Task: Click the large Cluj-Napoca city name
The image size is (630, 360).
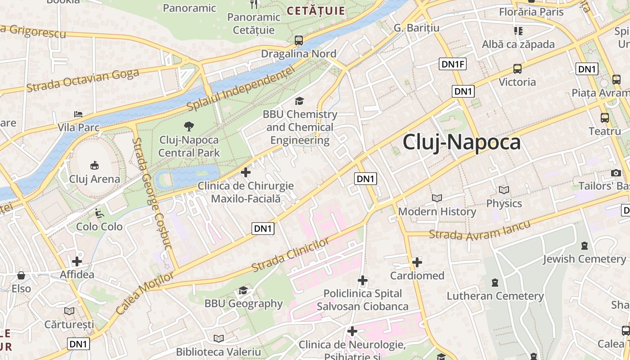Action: pos(461,142)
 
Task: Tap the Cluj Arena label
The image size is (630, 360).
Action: pos(94,179)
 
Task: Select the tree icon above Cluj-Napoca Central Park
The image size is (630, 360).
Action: pos(189,126)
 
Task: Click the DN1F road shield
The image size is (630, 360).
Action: pos(453,64)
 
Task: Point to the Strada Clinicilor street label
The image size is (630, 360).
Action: pos(290,255)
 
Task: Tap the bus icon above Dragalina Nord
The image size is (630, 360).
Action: pos(299,40)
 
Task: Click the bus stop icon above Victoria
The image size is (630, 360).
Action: pos(517,69)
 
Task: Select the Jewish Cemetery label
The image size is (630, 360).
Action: pos(584,259)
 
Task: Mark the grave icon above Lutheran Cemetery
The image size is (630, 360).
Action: pos(495,283)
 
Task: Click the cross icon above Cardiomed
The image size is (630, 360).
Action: pos(417,262)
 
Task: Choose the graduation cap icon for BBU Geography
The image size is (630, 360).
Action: pos(243,290)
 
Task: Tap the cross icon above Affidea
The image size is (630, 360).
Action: pos(77,261)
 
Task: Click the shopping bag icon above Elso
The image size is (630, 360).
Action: pos(21,275)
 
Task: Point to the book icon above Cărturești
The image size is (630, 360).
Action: pos(69,311)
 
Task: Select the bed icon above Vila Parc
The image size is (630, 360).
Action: pos(78,114)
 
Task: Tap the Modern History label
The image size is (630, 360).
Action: pos(437,211)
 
